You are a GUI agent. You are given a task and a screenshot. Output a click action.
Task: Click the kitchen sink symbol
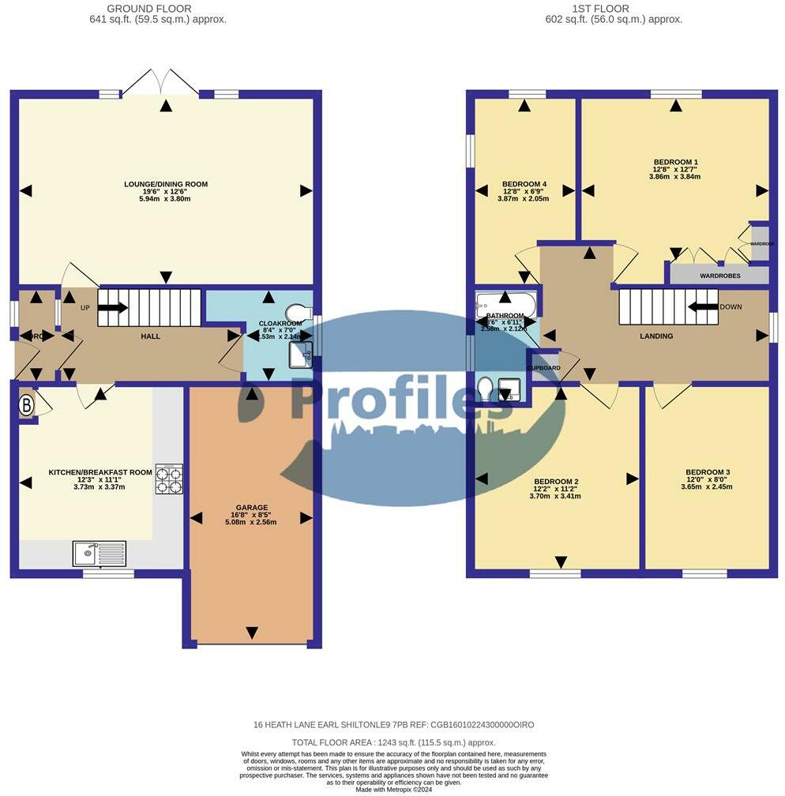pos(99,554)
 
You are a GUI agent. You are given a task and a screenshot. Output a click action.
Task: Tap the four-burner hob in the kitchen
pos(169,478)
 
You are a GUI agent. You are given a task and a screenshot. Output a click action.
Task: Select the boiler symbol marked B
pos(26,407)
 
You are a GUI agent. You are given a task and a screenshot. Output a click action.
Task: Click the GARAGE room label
pos(251,508)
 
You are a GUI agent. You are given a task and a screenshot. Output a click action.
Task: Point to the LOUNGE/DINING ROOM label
pos(166,184)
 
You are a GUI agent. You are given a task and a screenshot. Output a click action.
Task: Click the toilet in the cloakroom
pos(297,312)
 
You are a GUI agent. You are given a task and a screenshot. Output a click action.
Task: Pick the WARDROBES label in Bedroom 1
pos(719,276)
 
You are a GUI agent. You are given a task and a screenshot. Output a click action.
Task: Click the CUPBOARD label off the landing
pos(544,369)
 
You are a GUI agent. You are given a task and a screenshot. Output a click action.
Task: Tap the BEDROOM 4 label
pos(524,186)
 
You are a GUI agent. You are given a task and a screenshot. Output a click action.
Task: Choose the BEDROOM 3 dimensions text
pos(708,487)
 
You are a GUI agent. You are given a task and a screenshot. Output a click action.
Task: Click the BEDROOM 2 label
pos(556,482)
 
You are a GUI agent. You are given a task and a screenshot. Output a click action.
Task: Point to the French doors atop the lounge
pos(162,82)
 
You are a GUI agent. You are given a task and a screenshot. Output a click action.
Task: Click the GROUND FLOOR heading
pos(158,9)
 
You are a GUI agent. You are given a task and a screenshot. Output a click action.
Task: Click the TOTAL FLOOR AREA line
pos(393,742)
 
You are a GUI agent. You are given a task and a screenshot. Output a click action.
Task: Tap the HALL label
pos(150,336)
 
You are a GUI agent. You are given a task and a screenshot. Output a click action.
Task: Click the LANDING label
pos(656,336)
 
